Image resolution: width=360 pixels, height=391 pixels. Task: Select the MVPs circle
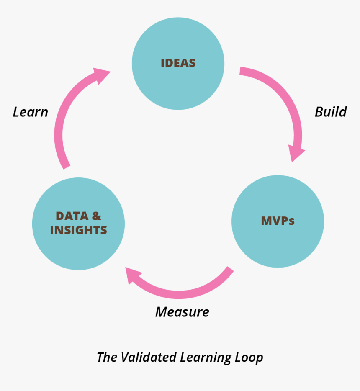[278, 241]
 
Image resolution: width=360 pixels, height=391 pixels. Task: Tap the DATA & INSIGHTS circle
[78, 247]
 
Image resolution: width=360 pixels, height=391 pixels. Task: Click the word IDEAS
[178, 63]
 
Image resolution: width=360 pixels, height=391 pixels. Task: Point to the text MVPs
[278, 221]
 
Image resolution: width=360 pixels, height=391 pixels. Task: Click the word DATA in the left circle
[72, 216]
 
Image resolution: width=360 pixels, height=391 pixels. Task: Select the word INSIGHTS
[79, 230]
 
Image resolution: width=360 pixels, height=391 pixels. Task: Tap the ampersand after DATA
[96, 216]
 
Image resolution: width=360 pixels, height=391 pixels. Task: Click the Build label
[330, 112]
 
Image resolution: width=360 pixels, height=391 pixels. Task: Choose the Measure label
[182, 312]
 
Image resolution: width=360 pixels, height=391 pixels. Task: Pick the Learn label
[30, 112]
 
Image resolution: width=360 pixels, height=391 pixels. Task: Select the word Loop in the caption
[249, 358]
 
